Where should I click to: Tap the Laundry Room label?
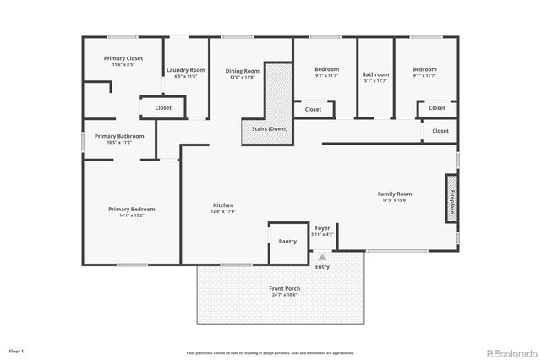coord(185,70)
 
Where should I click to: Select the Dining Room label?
coord(242,71)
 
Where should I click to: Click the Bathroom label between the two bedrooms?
coord(375,74)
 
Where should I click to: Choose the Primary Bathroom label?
coord(119,136)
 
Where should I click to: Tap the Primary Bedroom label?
coord(131,209)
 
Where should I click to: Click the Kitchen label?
coord(223,205)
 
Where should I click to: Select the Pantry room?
coord(287,241)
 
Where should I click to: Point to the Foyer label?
coord(323,227)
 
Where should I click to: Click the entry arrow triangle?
coord(322,256)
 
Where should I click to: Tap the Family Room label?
coord(394,194)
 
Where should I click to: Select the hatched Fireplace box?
coord(452,199)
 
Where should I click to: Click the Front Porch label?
coord(285,288)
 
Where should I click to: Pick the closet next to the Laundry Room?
coord(162,108)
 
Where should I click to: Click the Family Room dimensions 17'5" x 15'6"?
coord(394,200)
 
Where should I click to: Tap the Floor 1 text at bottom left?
coord(17,350)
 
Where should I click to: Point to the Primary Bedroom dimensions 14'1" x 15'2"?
coord(131,215)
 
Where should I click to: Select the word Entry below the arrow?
coord(323,267)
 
